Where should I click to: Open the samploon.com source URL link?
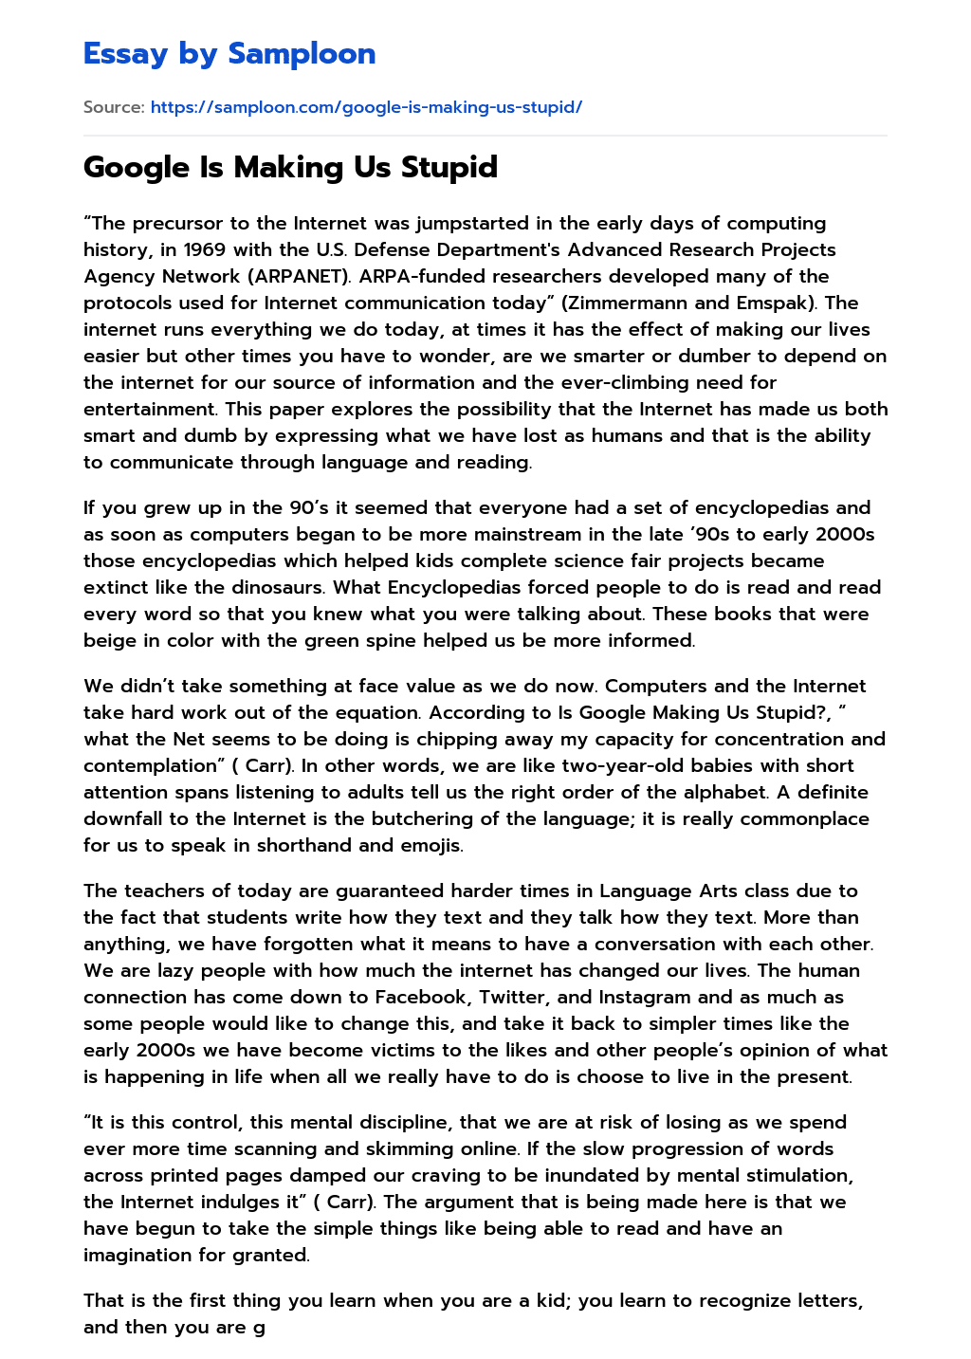[x=366, y=107]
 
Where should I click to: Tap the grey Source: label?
[x=114, y=107]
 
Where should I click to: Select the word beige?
[x=109, y=641]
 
